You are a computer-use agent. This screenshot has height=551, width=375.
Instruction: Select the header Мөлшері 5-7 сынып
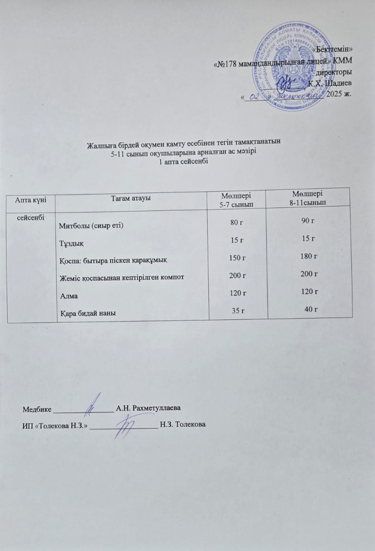click(236, 198)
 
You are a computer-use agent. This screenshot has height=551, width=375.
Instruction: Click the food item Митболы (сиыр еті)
click(91, 226)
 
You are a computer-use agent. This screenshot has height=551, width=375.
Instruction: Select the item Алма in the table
click(68, 295)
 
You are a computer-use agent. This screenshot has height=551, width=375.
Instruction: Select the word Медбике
click(37, 408)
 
